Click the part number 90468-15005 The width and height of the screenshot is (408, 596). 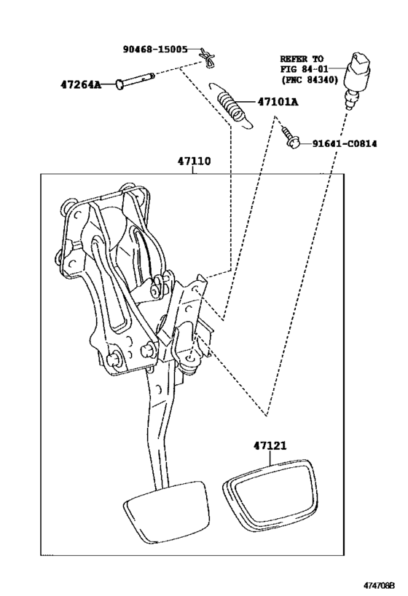point(154,49)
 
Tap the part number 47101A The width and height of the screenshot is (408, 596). point(278,102)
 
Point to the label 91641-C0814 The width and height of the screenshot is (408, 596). point(345,144)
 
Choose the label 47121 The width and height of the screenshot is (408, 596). point(271,445)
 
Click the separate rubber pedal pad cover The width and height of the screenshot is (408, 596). point(270,498)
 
